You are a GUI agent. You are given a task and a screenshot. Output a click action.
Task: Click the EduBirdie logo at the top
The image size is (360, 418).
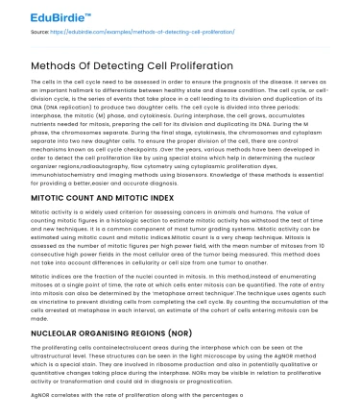[x=39, y=13]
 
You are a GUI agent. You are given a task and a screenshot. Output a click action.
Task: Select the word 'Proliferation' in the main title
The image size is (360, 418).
[x=197, y=65]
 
